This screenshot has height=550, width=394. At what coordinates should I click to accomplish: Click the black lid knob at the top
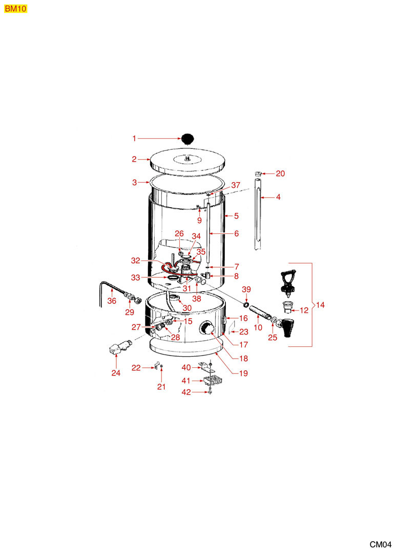188,138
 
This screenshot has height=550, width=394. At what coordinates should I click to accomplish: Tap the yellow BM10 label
15,9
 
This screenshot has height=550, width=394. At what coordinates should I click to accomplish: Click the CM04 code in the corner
380,544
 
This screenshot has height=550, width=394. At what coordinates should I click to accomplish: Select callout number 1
134,139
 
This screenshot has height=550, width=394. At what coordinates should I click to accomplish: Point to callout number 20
280,173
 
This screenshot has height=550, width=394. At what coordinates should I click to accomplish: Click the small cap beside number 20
258,173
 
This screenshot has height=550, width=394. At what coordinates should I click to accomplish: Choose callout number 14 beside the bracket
320,305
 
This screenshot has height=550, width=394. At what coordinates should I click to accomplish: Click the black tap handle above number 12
287,280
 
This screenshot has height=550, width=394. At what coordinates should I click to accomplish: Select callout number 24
116,373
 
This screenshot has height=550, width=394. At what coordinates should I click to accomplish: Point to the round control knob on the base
207,328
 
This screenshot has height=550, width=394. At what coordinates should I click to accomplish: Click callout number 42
186,392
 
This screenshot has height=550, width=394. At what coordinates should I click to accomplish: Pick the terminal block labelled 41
213,380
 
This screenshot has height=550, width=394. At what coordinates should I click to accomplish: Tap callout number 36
112,301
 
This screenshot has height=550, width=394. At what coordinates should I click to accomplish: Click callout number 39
246,290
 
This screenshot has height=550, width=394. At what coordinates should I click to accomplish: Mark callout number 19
243,373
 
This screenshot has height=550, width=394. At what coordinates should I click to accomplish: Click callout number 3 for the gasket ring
135,183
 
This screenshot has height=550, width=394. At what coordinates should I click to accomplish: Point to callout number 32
136,260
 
